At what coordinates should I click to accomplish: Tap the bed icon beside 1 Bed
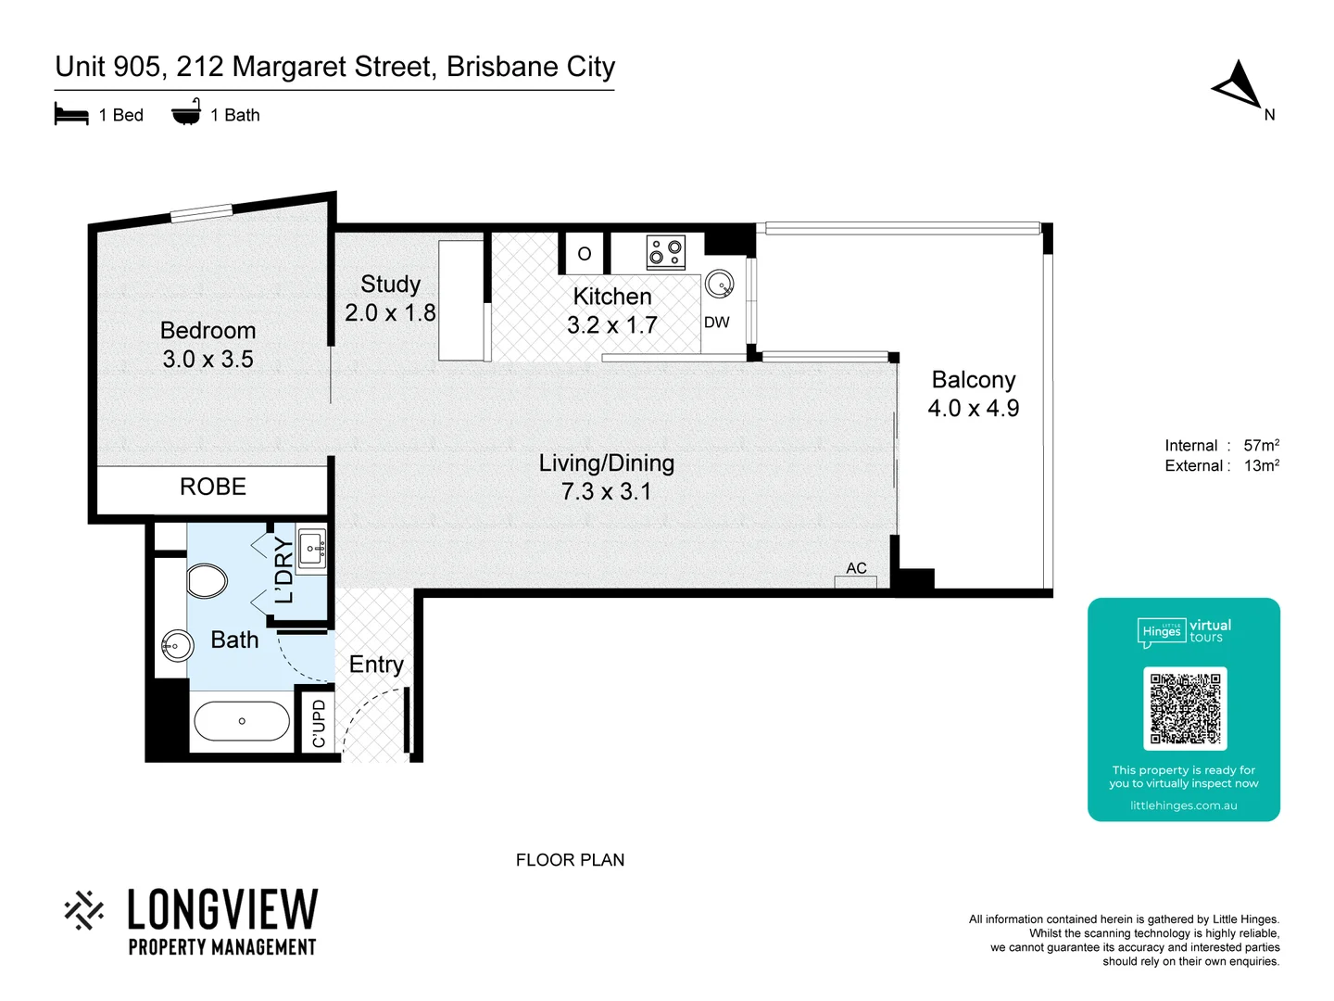pos(71,115)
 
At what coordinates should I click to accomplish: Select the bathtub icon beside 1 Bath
pos(186,112)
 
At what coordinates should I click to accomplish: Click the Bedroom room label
pos(208,331)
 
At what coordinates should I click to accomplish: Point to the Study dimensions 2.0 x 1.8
pos(390,313)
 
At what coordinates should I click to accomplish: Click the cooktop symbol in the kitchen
pos(666,252)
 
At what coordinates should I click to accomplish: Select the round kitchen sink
pos(719,284)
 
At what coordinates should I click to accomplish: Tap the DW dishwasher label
pos(716,323)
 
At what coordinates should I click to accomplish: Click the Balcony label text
pos(973,380)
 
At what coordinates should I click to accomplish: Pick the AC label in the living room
pos(856,568)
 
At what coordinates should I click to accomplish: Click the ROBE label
pos(213,488)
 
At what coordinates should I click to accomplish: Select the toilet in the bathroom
pos(207,582)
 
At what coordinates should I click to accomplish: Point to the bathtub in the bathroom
pos(242,721)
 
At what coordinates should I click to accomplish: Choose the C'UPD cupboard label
pos(319,723)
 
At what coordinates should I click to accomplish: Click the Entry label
pos(376,665)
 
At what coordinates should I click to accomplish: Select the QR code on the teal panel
pos(1185,708)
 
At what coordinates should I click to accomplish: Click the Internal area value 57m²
pos(1261,446)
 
